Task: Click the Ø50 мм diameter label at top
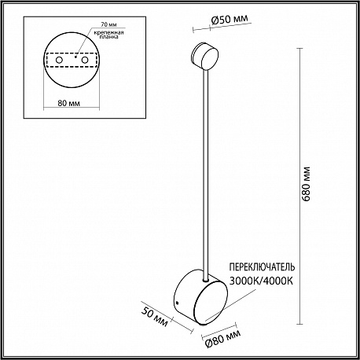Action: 230,19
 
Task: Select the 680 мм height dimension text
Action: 306,183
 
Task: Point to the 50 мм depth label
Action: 154,317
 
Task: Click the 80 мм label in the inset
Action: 69,103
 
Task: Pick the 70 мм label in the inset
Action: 108,24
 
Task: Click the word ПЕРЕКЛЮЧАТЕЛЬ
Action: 262,267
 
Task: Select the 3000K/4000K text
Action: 261,281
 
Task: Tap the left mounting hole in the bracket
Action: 59,60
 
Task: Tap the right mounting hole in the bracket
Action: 85,60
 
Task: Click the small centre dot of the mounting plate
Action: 75,57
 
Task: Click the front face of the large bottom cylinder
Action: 211,303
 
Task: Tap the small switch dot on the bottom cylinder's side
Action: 178,303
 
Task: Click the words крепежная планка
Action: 109,35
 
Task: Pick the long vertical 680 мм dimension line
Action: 299,186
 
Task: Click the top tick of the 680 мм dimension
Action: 299,49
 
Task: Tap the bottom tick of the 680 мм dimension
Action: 299,324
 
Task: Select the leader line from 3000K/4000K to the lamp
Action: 231,304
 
